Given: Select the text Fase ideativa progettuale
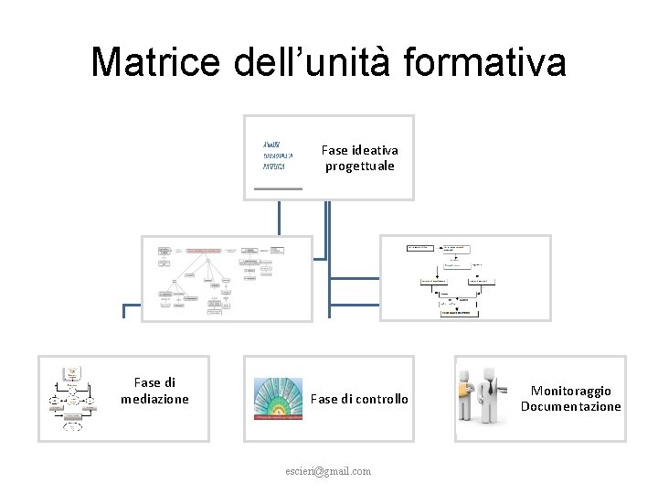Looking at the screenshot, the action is click(x=359, y=157).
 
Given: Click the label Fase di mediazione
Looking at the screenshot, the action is click(x=154, y=391).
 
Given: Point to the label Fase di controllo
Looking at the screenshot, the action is click(x=359, y=399).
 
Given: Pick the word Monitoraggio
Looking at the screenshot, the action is click(x=571, y=391).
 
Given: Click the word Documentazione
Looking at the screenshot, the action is click(x=571, y=406).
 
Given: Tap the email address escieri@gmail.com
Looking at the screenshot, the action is click(x=328, y=471).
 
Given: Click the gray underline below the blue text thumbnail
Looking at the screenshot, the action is click(x=278, y=188).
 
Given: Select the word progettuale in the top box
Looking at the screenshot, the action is click(x=359, y=166).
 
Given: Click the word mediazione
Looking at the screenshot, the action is click(x=154, y=399).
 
